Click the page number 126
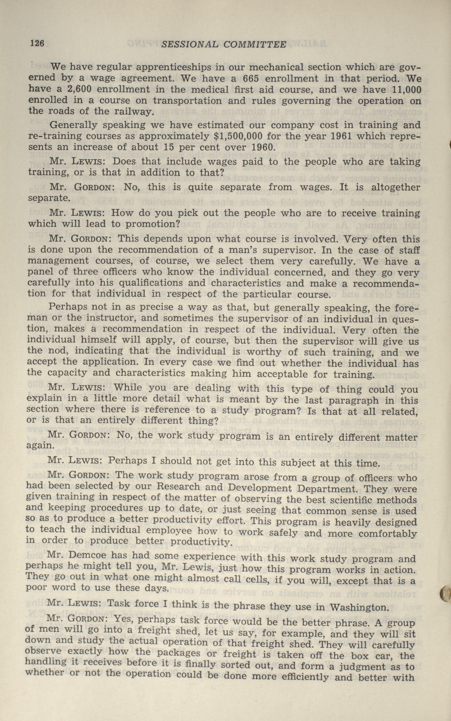pyautogui.click(x=37, y=44)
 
